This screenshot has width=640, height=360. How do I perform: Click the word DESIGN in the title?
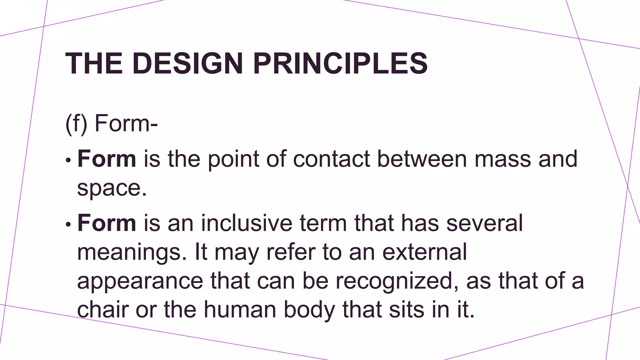click(x=187, y=63)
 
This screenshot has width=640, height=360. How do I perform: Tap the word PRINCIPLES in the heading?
click(x=340, y=63)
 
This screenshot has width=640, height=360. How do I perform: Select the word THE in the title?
click(x=94, y=63)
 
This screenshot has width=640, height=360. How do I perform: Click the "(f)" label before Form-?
click(x=76, y=124)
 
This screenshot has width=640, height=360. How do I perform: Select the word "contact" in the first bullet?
click(x=332, y=159)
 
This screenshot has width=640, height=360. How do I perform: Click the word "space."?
click(x=112, y=188)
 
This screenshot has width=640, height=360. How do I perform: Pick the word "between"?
click(x=422, y=159)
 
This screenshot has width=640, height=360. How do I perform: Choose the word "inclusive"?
click(x=247, y=223)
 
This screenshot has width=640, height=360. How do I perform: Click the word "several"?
click(x=485, y=223)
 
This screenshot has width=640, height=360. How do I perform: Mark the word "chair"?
click(x=103, y=309)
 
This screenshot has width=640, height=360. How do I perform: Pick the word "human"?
click(x=240, y=309)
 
